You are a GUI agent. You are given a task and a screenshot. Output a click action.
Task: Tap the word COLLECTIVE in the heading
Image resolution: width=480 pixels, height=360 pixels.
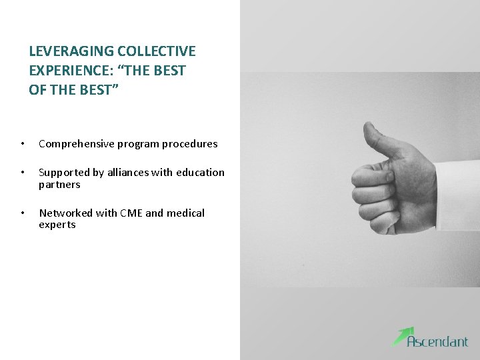[x=157, y=51]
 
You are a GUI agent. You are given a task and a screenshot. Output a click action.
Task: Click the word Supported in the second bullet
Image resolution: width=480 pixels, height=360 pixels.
[x=64, y=173]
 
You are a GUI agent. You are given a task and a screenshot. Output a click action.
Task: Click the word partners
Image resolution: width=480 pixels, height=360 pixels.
[x=59, y=185]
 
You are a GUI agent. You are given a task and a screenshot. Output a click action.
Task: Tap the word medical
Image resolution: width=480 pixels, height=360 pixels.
[x=185, y=213]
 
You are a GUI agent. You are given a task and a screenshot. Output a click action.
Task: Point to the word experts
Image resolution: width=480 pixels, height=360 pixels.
[x=57, y=225]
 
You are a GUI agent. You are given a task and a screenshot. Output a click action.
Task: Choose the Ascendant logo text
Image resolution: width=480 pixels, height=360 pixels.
[x=438, y=341]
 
